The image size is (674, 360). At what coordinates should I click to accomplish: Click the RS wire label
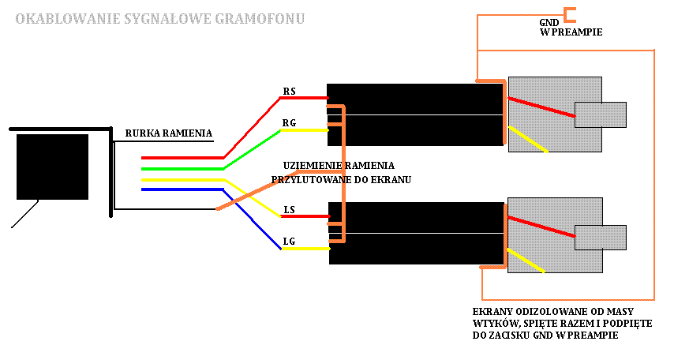point(289,92)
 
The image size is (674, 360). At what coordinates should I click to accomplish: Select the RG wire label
point(289,122)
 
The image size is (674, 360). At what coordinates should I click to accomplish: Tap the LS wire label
point(289,209)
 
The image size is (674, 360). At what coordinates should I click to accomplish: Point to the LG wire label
point(289,240)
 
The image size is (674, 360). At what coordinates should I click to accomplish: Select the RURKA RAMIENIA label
point(168,133)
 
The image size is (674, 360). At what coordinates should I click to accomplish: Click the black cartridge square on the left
point(52,166)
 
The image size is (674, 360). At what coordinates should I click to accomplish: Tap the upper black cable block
point(415,114)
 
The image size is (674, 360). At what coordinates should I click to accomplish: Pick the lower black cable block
point(415,234)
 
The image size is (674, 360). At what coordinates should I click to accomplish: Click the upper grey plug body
point(545,91)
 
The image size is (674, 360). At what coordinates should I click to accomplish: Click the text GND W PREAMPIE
point(571,28)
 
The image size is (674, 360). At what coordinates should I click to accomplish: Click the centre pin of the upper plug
point(600,114)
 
